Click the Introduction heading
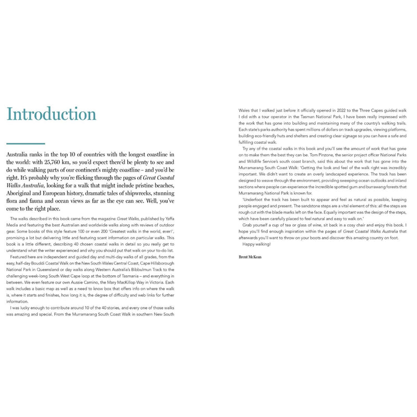51,114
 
